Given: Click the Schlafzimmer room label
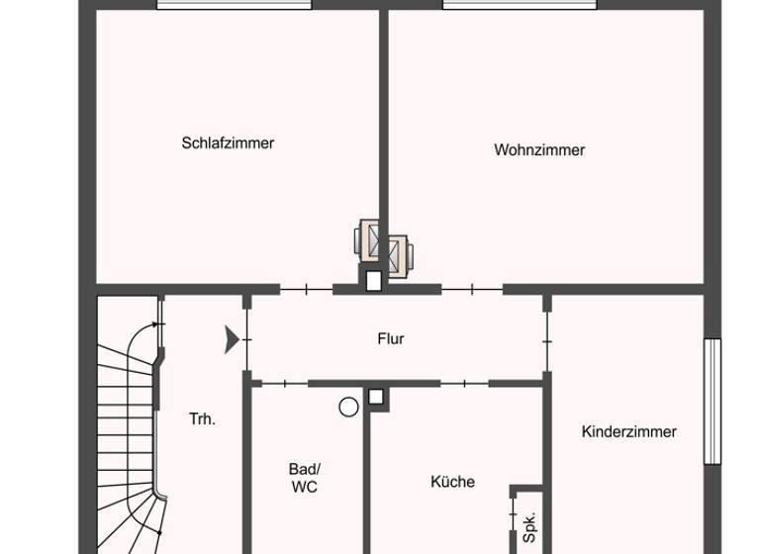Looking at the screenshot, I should (x=228, y=142).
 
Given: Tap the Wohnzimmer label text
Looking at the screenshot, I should (x=539, y=150).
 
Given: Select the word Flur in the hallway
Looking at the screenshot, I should (x=391, y=338).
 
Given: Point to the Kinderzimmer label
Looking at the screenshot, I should (x=629, y=431).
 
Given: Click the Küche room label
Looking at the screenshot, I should (x=452, y=482).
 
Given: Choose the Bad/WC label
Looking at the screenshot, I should (x=305, y=478).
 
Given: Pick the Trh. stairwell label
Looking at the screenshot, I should (x=202, y=418).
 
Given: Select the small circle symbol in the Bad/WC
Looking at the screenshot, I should (x=347, y=405).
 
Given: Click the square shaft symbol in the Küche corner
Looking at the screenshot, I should (x=376, y=398).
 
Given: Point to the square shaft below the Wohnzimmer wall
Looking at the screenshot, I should (x=373, y=281).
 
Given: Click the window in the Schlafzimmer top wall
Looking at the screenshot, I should (x=235, y=5).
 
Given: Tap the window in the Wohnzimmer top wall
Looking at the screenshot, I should (x=520, y=5).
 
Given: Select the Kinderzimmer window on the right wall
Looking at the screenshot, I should (x=712, y=401).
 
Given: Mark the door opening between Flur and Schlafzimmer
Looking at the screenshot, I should (x=306, y=289).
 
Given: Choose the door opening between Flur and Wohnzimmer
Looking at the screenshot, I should (x=472, y=289).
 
